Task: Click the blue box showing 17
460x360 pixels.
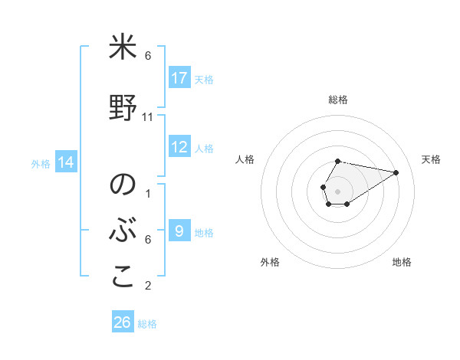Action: (x=179, y=78)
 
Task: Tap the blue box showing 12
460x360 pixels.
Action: (x=179, y=147)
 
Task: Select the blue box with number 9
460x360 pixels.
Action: (x=179, y=231)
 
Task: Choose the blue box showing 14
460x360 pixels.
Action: (x=66, y=162)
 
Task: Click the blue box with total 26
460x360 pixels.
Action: (x=123, y=322)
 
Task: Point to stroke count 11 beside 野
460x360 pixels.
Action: (x=148, y=117)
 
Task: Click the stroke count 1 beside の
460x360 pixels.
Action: (x=148, y=193)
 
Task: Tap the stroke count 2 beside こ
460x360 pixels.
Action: (x=148, y=286)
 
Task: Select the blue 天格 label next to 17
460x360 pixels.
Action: (x=204, y=79)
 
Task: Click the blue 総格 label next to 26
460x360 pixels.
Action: (x=147, y=324)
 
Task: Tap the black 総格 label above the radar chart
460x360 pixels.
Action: (x=337, y=100)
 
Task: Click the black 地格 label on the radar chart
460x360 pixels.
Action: (x=402, y=262)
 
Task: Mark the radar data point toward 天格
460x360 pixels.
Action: (x=396, y=172)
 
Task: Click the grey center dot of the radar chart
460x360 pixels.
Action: (x=337, y=190)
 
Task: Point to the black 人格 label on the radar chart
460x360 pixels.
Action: (x=245, y=159)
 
